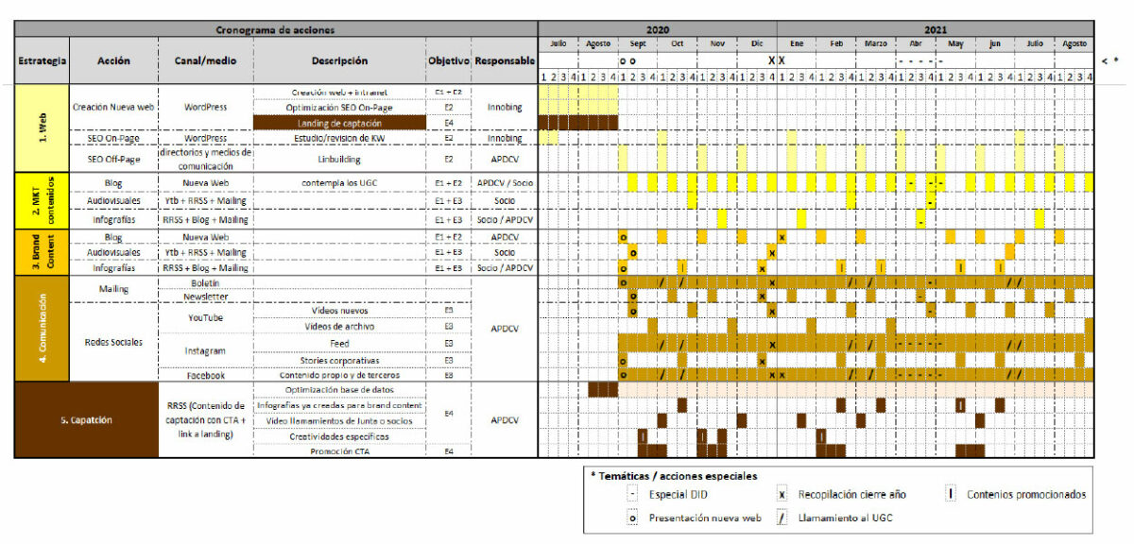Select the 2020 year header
(657, 30)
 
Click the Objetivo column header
(448, 61)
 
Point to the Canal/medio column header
(206, 61)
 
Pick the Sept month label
(637, 44)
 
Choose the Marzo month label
(875, 44)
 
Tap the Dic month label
(757, 44)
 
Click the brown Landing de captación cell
(339, 123)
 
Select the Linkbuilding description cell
(339, 159)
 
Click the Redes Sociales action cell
(114, 342)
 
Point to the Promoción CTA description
(339, 451)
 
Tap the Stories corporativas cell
(339, 360)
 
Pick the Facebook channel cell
(206, 375)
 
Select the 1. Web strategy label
(42, 127)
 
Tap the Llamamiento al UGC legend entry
(845, 517)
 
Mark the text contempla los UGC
(339, 181)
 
